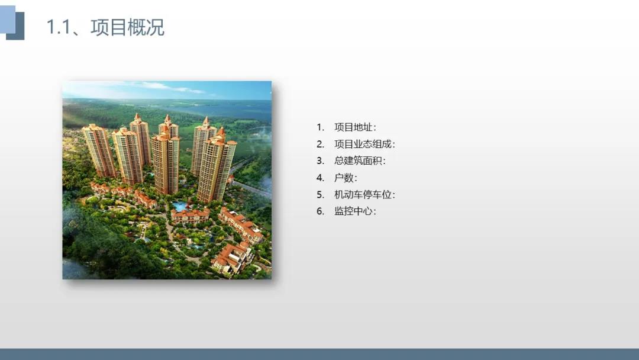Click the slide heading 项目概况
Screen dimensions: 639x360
tap(127, 27)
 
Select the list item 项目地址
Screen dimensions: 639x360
tap(353, 127)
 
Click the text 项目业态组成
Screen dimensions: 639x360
tap(363, 144)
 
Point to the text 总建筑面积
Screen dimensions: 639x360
tap(358, 160)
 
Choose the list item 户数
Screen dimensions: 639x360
tap(344, 178)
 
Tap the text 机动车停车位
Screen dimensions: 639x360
tap(363, 194)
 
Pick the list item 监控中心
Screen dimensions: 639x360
tap(353, 211)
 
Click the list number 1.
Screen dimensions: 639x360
tap(320, 127)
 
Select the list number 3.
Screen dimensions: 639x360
tap(320, 160)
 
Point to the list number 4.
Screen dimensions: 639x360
tap(320, 178)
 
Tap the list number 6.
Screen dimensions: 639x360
tap(320, 211)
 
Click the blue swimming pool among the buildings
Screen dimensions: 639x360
tap(180, 206)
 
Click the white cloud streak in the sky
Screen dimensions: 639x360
tap(171, 86)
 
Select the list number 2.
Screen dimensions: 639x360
tap(320, 144)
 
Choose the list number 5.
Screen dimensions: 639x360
tap(320, 194)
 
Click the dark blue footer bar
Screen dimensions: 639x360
tap(319, 354)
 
